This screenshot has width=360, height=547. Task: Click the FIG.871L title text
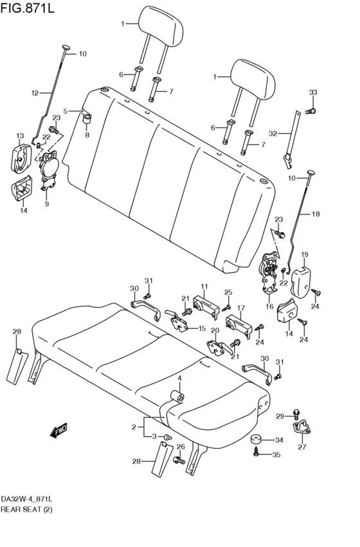tap(28, 7)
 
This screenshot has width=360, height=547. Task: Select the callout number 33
tap(313, 93)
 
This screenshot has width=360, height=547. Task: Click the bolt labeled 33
tap(310, 111)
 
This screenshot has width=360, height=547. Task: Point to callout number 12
tap(35, 93)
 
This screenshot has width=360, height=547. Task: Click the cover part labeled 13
tap(21, 158)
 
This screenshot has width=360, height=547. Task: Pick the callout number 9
tap(47, 203)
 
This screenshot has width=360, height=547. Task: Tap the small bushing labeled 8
tap(87, 120)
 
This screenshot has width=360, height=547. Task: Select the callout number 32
tap(273, 134)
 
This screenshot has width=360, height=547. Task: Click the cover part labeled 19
tap(301, 283)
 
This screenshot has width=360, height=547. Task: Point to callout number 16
tap(269, 307)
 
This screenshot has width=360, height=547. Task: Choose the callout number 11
tap(204, 287)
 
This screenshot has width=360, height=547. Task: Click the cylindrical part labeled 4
tap(177, 397)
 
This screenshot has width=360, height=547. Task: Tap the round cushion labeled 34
tap(256, 439)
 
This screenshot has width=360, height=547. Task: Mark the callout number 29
tap(280, 416)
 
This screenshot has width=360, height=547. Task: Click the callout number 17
tap(240, 308)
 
